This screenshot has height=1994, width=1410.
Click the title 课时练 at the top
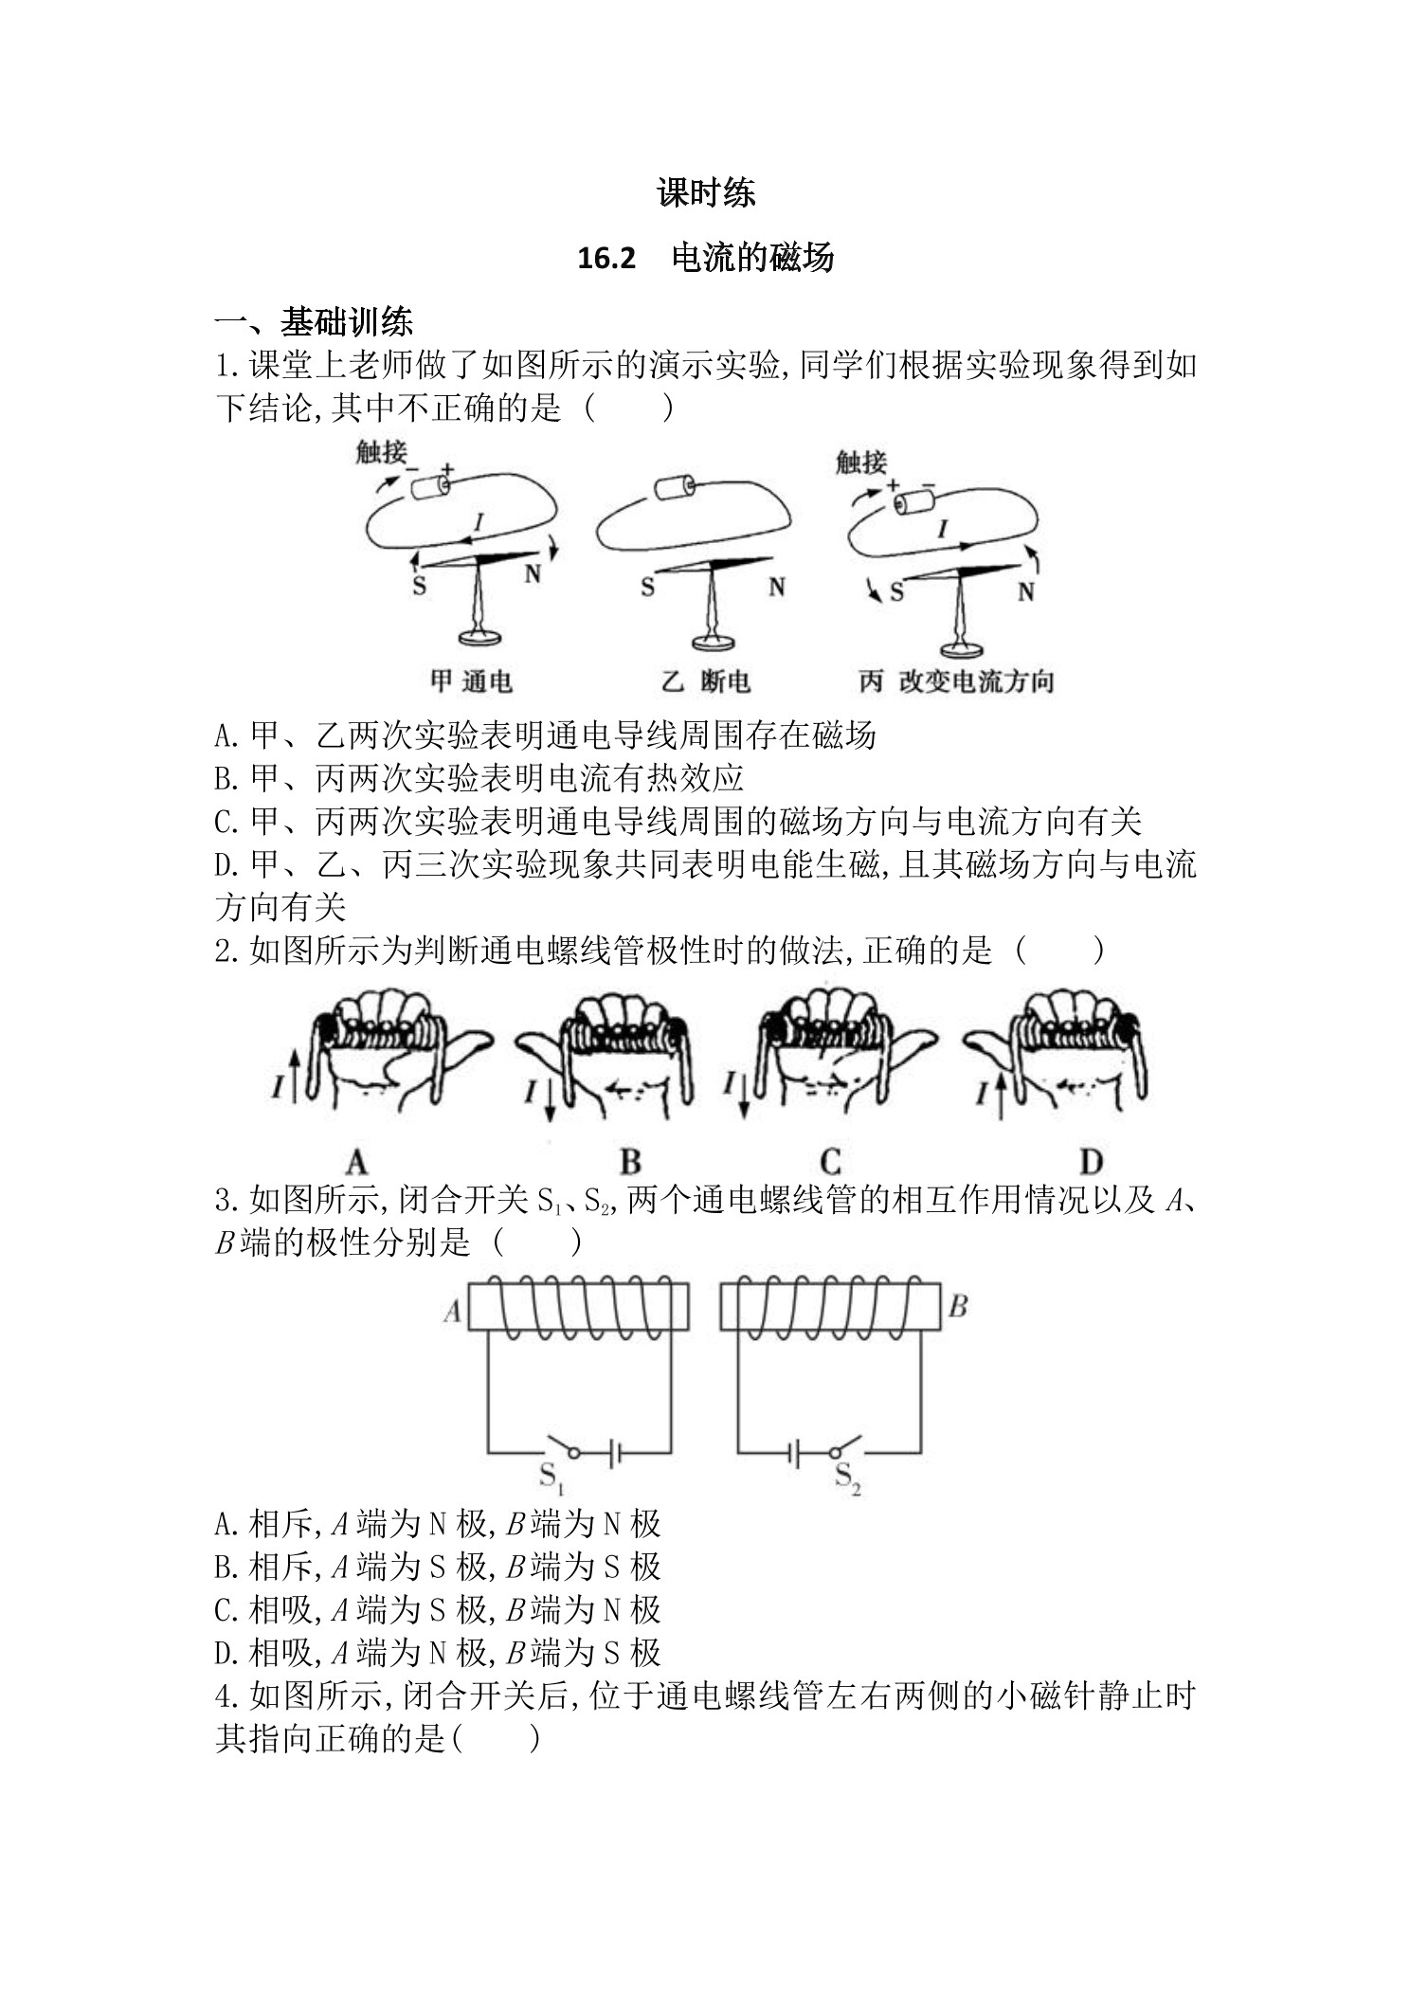point(705,193)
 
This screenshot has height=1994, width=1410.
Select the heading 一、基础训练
point(314,322)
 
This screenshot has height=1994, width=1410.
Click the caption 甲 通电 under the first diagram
point(471,680)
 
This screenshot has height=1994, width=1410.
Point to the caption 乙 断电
point(705,680)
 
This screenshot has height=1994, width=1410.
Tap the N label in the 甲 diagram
point(533,574)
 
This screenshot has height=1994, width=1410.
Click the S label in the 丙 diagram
point(896,593)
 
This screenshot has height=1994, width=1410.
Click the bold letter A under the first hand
point(356,1162)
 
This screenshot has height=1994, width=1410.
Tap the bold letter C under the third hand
point(830,1162)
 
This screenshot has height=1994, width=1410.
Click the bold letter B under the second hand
point(630,1162)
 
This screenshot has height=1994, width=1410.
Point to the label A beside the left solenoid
point(452,1311)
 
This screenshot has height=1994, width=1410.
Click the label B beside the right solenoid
point(957,1307)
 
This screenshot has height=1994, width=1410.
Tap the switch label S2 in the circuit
point(847,1477)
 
